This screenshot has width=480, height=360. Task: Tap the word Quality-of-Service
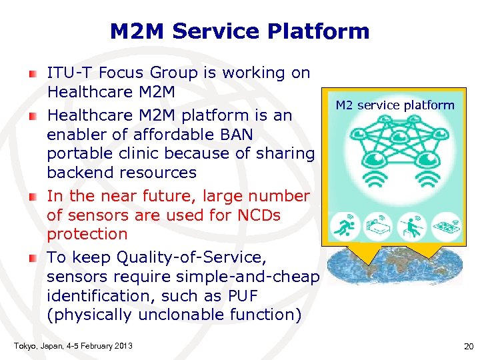coord(213,257)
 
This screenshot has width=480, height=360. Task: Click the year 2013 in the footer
coord(122,345)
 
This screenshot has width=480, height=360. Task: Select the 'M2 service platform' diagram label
coord(395,105)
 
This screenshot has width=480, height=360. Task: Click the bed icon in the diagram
coord(379,226)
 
